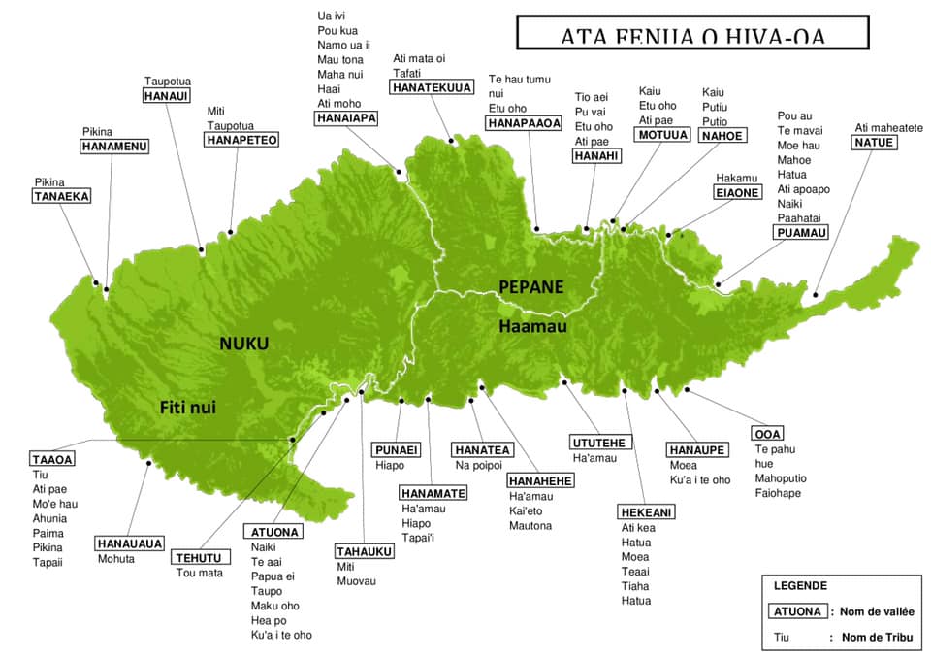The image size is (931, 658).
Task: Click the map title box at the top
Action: click(690, 33)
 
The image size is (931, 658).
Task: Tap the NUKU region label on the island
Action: click(242, 344)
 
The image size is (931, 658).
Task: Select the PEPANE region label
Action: click(530, 286)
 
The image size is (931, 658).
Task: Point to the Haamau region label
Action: click(532, 327)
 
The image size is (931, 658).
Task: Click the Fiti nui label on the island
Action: click(187, 409)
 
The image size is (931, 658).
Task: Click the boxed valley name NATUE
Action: click(874, 143)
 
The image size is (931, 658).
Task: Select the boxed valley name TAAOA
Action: click(52, 459)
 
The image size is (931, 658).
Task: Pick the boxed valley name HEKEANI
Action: click(646, 512)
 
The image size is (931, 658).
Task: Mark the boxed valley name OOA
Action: click(768, 433)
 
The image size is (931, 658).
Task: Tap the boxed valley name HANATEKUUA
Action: click(432, 88)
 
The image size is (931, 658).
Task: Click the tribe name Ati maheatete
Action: click(888, 127)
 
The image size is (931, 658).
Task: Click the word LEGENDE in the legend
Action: click(800, 586)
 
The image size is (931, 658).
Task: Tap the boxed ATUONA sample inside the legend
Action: click(799, 611)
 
